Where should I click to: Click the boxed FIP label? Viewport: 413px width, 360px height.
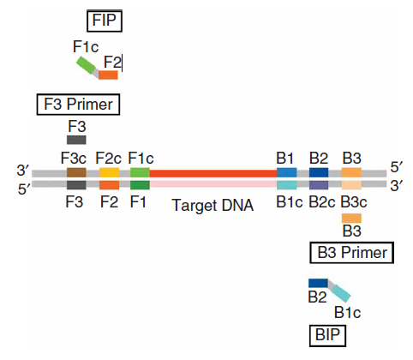point(105,21)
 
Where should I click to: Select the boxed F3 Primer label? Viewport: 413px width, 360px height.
point(78,105)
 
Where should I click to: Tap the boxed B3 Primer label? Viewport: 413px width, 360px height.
point(352,253)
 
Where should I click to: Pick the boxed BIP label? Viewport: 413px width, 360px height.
point(327,335)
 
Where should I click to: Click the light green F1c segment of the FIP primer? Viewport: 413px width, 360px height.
point(86,65)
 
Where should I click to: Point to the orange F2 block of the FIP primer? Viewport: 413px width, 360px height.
point(108,75)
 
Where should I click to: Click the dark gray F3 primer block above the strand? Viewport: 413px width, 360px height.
point(76,140)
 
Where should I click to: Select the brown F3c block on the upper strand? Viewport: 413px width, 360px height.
point(76,172)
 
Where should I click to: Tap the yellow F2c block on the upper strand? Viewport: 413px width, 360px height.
point(109,172)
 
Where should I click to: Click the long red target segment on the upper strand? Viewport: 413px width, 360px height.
point(213,173)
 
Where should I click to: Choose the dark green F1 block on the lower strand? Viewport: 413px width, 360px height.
point(140,185)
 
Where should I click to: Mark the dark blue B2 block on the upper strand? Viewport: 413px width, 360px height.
point(319,172)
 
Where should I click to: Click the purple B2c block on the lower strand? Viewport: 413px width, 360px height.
point(319,185)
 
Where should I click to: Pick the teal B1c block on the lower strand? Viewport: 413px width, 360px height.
point(287,185)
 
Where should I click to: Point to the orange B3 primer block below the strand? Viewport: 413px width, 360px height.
point(351,219)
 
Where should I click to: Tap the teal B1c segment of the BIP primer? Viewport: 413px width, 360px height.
point(341,293)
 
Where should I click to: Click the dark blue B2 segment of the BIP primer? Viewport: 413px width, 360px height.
point(318,283)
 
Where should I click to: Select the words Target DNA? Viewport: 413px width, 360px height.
point(212,206)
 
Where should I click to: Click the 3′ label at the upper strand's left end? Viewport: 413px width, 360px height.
point(22,171)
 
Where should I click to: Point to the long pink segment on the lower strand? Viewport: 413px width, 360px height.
point(213,184)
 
